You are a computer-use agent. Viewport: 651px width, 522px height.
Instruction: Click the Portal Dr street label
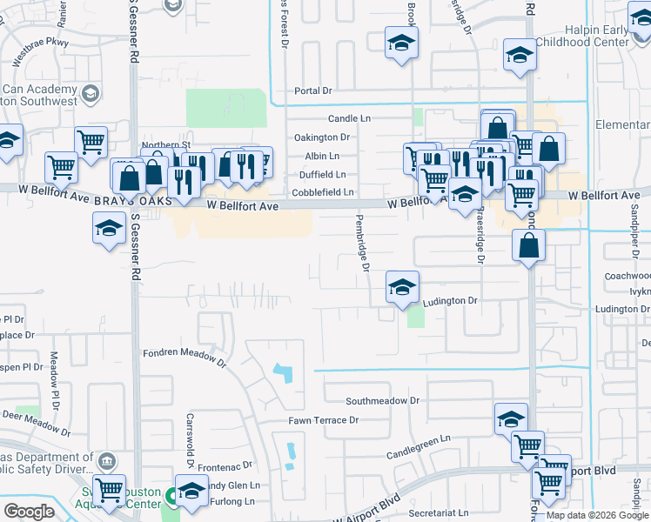313,90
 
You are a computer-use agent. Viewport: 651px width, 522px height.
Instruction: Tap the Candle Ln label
349,118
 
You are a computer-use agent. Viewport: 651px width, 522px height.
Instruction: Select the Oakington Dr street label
321,137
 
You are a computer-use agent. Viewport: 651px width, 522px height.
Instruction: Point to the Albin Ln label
322,156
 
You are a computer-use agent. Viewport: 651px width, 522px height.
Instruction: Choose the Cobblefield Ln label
323,192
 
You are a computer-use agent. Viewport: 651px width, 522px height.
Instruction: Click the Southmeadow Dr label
383,401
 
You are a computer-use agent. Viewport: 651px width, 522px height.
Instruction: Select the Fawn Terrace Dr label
324,420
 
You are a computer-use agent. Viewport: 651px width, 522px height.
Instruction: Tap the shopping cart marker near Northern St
91,143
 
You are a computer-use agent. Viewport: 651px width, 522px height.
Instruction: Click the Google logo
29,512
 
